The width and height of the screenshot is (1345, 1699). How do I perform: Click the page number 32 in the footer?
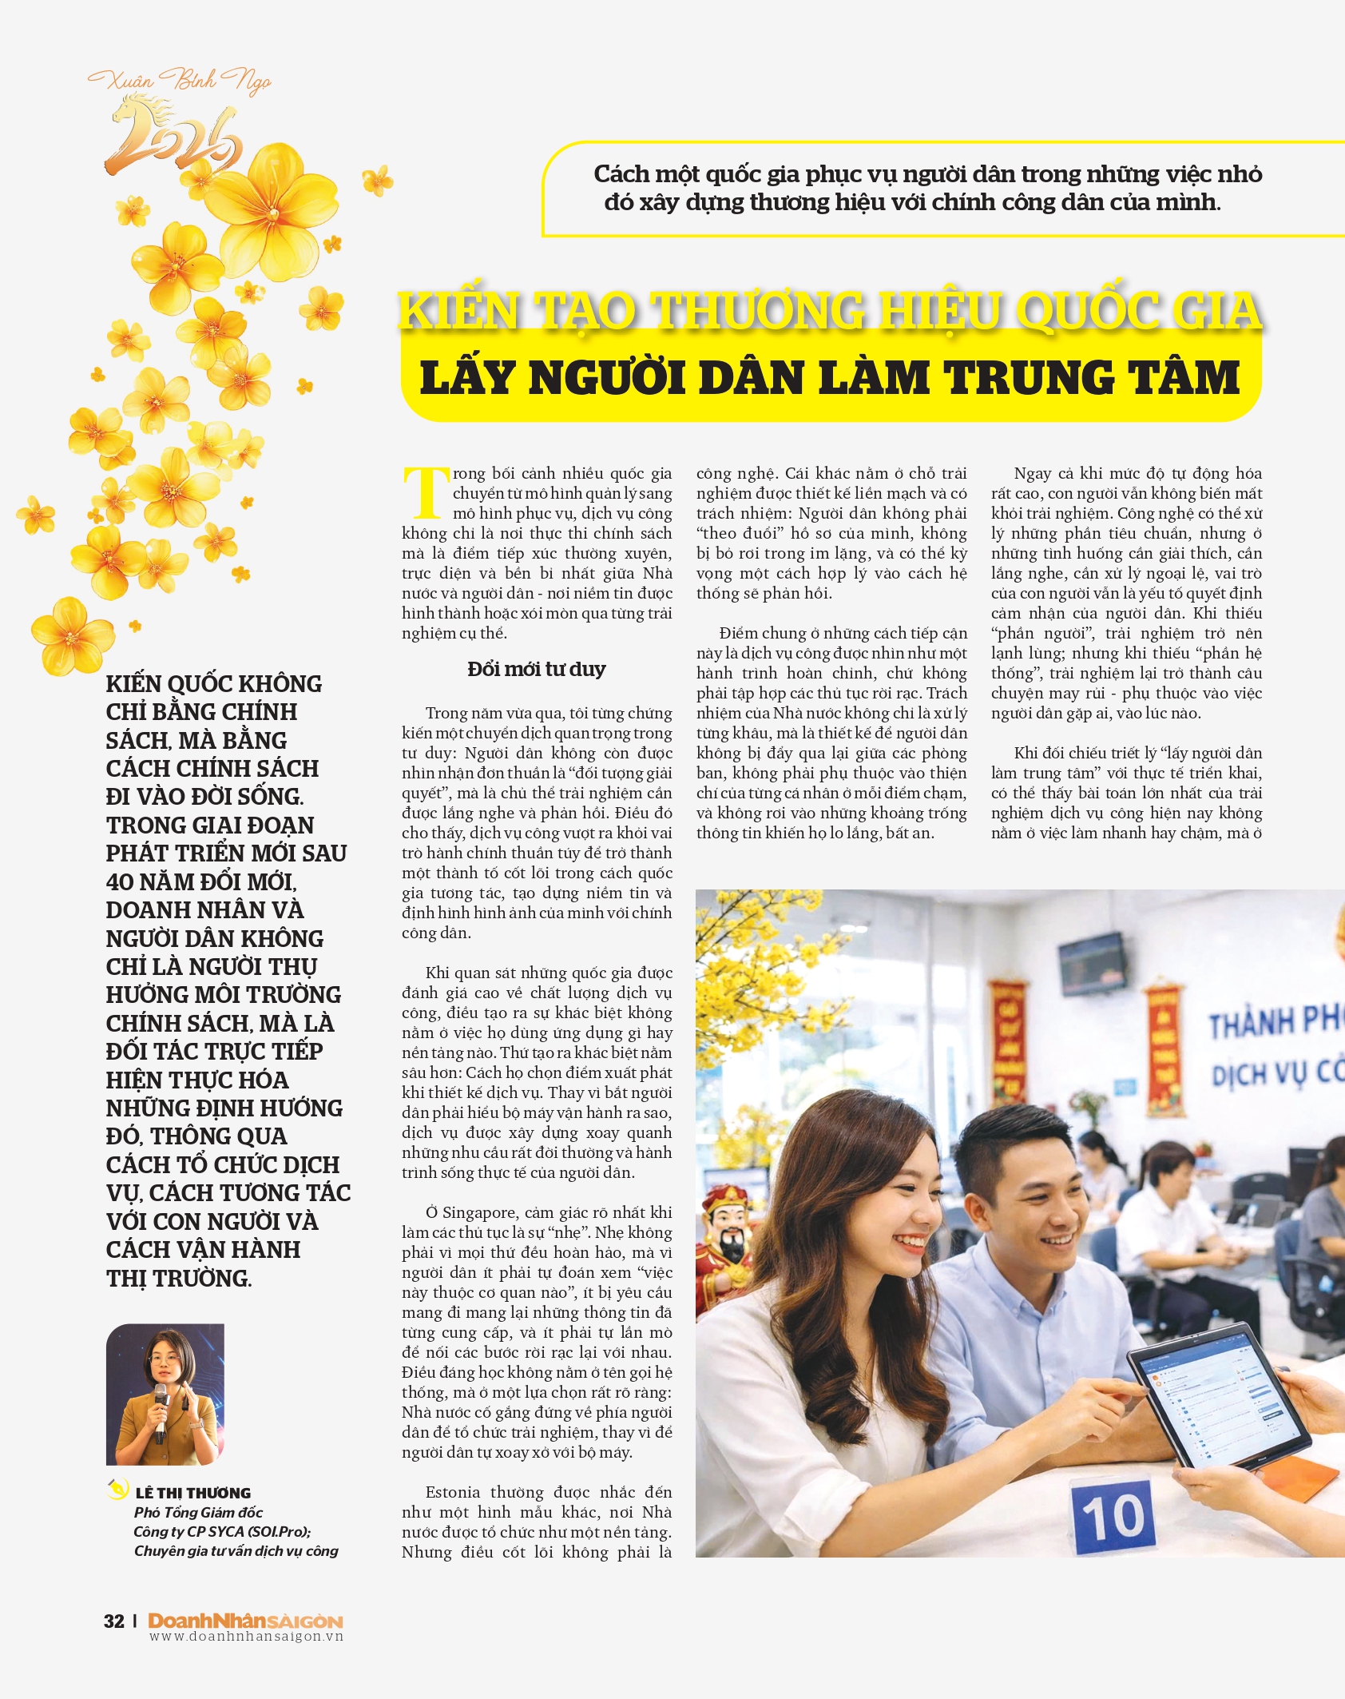[x=114, y=1620]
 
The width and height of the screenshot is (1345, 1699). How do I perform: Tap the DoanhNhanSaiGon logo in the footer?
[x=245, y=1620]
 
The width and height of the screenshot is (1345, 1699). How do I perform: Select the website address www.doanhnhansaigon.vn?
[x=246, y=1636]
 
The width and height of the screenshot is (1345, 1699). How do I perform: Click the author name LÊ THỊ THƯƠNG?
[x=192, y=1493]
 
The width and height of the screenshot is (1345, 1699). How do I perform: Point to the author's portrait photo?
[x=165, y=1394]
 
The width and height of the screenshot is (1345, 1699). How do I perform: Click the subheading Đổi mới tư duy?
[x=536, y=669]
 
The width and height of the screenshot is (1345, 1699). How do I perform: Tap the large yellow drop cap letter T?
[x=426, y=492]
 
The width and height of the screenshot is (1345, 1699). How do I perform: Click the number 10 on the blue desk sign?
[x=1113, y=1516]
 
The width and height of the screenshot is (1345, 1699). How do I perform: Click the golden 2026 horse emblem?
[x=173, y=135]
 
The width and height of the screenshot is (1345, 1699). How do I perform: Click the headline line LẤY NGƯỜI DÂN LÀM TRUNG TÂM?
[x=830, y=377]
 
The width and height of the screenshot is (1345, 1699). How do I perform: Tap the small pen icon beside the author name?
[x=118, y=1490]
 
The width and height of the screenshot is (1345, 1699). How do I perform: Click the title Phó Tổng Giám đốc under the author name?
[x=198, y=1512]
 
